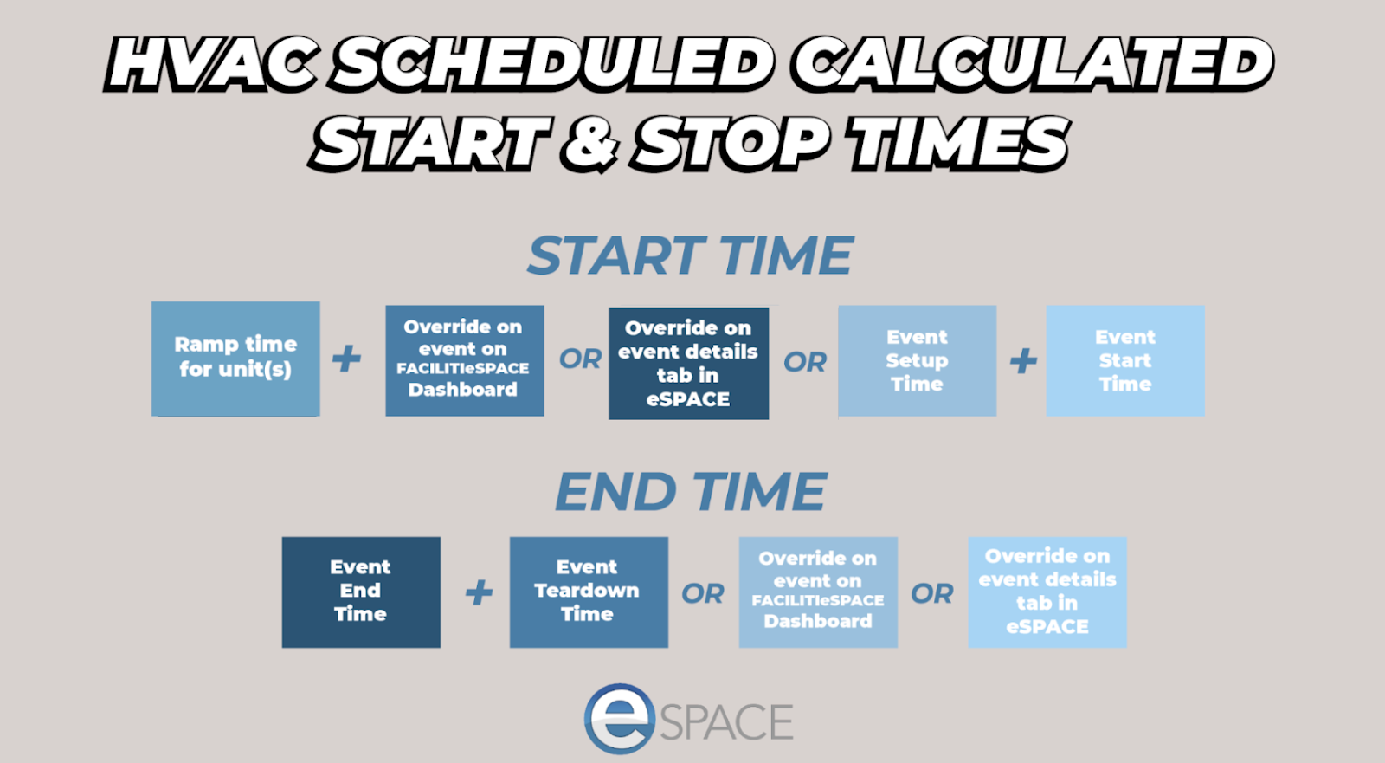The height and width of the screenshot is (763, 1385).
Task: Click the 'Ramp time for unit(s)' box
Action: point(235,359)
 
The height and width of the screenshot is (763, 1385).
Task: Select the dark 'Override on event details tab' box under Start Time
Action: point(689,364)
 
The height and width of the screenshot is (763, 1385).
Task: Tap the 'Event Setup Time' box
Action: point(918,361)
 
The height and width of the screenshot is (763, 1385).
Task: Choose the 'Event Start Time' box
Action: point(1125,361)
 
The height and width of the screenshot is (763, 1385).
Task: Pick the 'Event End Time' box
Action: point(361,592)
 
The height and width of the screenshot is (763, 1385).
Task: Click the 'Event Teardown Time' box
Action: point(589,592)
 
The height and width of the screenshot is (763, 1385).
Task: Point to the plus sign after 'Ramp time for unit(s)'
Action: point(346,359)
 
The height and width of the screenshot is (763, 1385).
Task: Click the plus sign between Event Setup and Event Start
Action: point(1023,361)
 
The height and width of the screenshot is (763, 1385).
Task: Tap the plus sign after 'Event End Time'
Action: point(480,593)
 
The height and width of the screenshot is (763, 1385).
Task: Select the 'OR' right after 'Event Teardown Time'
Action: point(702,594)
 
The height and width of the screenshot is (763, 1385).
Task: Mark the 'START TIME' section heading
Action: point(690,255)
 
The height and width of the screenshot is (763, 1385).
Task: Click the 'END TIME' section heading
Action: point(690,491)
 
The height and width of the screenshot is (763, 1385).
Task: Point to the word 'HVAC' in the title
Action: point(212,63)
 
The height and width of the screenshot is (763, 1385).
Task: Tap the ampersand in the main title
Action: point(589,144)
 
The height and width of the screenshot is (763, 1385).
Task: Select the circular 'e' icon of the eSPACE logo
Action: point(620,719)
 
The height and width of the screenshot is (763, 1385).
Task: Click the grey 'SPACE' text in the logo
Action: point(726,721)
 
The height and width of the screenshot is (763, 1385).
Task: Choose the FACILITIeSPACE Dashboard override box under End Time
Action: point(818,592)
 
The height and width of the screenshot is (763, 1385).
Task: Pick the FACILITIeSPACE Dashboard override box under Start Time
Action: point(465,361)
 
